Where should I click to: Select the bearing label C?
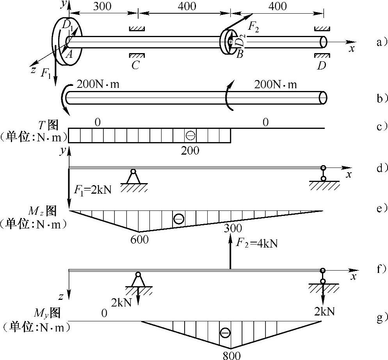click(x=135, y=65)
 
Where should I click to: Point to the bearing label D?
click(x=321, y=65)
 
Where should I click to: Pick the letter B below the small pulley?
click(x=240, y=54)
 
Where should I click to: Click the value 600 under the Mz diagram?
click(x=139, y=239)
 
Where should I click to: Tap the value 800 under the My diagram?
click(x=230, y=355)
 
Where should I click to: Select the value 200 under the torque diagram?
click(x=190, y=150)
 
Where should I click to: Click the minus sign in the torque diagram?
click(x=190, y=135)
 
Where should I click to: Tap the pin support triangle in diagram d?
click(x=133, y=178)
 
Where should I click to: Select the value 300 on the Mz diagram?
click(x=233, y=228)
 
